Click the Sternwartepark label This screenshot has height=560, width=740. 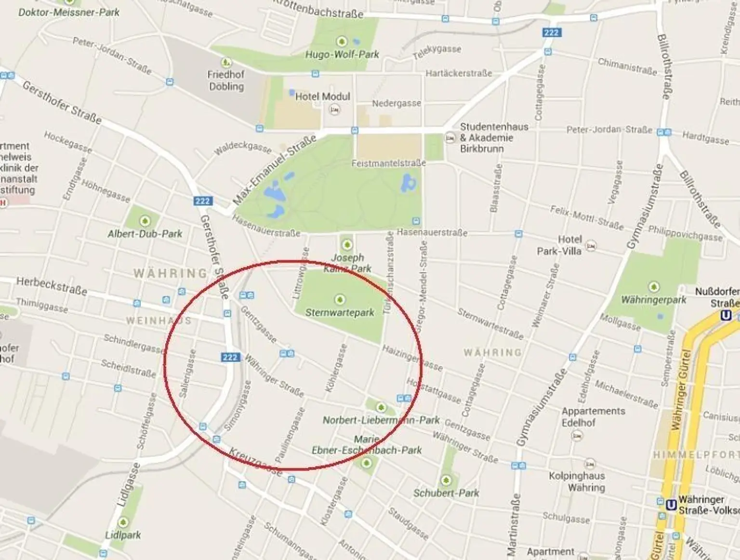coord(340,312)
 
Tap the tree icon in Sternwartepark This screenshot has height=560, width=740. coord(340,300)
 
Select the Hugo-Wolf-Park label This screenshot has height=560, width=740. coord(342,54)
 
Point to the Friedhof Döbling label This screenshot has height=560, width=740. coord(226,80)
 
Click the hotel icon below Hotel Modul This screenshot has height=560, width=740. coord(334,110)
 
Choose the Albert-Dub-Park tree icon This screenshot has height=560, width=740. coord(145,221)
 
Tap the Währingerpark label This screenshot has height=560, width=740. coord(653,300)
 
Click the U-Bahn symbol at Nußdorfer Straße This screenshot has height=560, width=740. coord(726,315)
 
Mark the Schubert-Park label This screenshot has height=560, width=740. coord(446,493)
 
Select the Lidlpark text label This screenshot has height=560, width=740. coord(123,535)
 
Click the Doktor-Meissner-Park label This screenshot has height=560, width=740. coord(69,12)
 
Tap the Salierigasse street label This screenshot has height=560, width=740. coord(187,373)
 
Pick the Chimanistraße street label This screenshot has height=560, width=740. coord(627,66)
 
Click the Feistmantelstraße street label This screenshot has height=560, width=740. coord(388,163)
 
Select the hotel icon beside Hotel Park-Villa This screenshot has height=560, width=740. coord(591,246)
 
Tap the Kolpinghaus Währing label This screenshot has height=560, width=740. coord(577,481)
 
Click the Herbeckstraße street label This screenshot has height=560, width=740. coord(52,286)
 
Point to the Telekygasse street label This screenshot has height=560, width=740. coord(437,52)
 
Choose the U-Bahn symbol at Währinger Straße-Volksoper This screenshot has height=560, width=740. coord(671,505)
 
